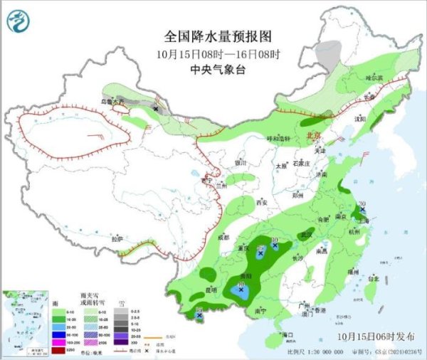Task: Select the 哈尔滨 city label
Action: pos(374,77)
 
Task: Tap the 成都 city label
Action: pos(224,237)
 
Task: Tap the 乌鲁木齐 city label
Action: pos(112,102)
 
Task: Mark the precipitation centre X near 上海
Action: pos(363,211)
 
